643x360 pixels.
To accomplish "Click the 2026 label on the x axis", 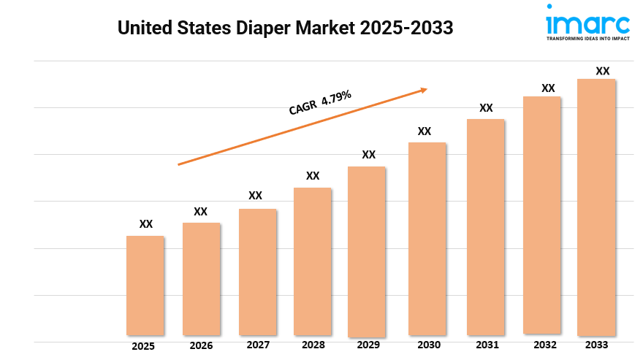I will [201, 345].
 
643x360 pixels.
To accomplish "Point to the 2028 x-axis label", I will [313, 345].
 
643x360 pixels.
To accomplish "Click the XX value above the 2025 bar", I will [146, 224].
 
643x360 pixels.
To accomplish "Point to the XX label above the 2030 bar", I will [425, 131].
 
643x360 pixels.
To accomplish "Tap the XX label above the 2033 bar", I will [603, 71].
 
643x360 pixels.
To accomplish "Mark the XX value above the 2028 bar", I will [313, 176].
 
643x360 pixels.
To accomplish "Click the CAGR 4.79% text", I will [320, 102].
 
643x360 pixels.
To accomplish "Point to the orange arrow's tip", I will [426, 90].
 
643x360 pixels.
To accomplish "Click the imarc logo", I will [587, 20].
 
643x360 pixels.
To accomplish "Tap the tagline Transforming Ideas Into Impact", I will [587, 37].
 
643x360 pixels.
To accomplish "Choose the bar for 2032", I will [541, 215].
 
